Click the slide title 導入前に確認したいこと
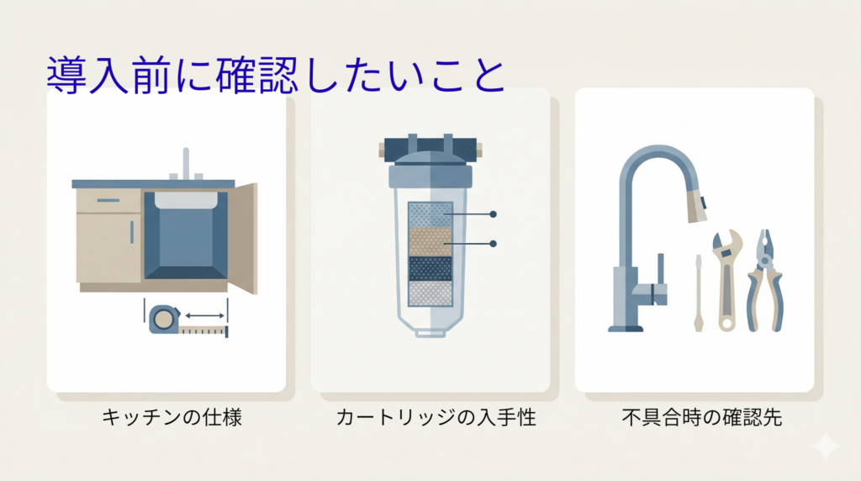(x=276, y=75)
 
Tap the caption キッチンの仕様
(x=172, y=417)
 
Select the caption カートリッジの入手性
(x=436, y=417)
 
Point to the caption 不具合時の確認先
(x=702, y=417)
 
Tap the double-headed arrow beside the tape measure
(x=205, y=315)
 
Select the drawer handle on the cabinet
(x=108, y=200)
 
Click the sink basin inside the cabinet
(x=186, y=200)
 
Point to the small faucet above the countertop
(x=186, y=164)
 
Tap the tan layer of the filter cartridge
(x=430, y=242)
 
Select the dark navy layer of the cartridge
(x=430, y=269)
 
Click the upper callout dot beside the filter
(x=493, y=214)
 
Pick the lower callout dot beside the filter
(x=493, y=243)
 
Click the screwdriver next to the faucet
(x=699, y=293)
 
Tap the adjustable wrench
(x=726, y=280)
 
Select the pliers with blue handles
(x=764, y=281)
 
